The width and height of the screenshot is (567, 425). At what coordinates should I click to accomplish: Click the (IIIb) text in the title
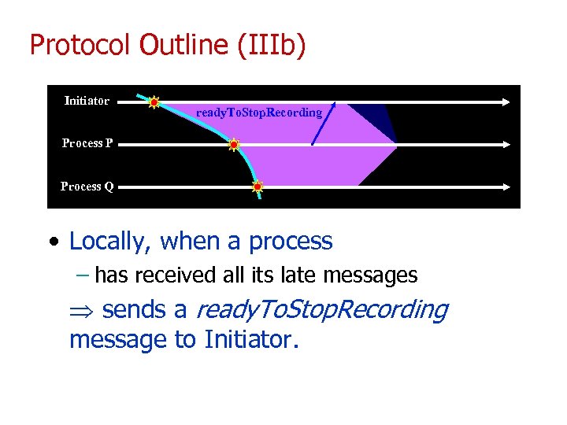270,45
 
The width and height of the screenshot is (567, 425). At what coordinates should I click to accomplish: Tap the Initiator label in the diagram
87,101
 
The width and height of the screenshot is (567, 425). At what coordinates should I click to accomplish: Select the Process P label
87,143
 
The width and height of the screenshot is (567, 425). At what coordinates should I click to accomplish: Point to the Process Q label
87,187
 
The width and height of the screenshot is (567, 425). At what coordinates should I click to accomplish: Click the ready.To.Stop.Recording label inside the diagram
259,113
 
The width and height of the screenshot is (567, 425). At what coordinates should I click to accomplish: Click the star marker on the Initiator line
154,102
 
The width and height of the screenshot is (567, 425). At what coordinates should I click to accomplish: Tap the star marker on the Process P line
233,145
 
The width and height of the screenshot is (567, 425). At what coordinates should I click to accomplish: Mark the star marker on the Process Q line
257,187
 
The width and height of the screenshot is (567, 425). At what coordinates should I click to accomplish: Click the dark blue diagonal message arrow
324,124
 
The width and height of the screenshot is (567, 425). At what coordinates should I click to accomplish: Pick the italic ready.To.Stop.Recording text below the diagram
321,310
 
